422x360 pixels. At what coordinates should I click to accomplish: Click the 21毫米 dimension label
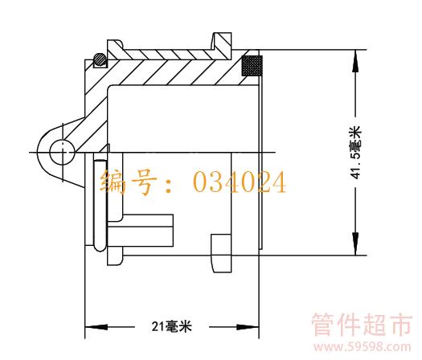pos(172,326)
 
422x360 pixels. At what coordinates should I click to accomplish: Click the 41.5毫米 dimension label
pos(355,153)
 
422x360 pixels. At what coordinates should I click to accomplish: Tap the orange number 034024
pos(240,182)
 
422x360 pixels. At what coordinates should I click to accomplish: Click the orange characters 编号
pos(128,182)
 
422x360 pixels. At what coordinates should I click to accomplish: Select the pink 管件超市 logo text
pos(362,325)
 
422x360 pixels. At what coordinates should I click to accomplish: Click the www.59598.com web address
pos(363,347)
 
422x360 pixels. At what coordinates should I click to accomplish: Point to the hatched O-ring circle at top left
pos(100,59)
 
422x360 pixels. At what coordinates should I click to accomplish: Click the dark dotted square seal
pos(252,66)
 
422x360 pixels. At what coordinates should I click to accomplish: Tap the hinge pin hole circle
pos(62,152)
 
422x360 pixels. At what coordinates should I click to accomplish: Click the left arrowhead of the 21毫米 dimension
pos(96,327)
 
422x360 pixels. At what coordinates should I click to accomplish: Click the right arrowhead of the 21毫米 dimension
pos(248,327)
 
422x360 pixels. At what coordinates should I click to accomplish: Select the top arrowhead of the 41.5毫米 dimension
pos(355,61)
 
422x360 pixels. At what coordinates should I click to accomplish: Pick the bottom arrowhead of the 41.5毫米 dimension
pos(355,243)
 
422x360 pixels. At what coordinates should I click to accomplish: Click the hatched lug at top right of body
pos(223,46)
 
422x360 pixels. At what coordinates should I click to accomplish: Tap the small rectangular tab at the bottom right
pos(221,253)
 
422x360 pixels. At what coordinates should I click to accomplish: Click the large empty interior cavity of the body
pos(183,118)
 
